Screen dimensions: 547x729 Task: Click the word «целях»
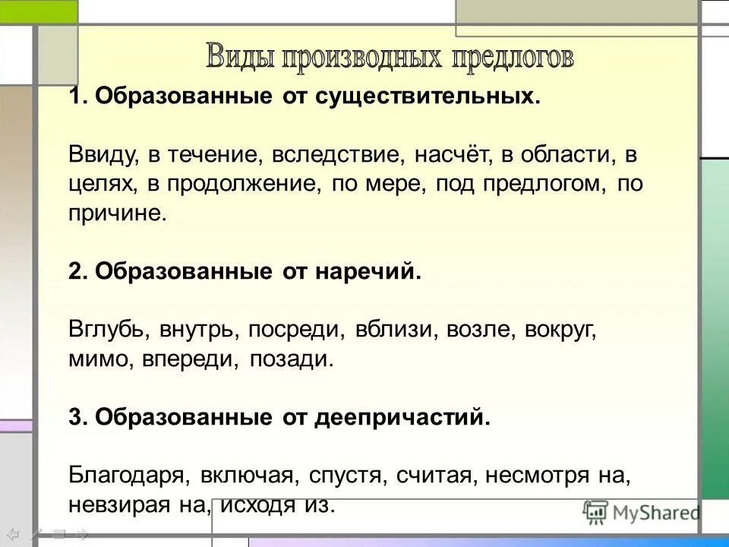[95, 185]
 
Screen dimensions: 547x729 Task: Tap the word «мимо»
[92, 359]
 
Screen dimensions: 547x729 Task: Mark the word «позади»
[292, 359]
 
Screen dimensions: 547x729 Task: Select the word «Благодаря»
[128, 476]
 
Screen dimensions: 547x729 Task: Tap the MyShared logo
[642, 512]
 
